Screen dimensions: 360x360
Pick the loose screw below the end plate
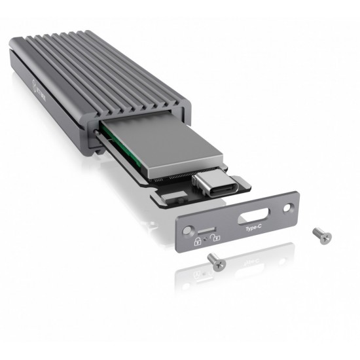215,261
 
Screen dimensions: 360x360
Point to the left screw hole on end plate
190,230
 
